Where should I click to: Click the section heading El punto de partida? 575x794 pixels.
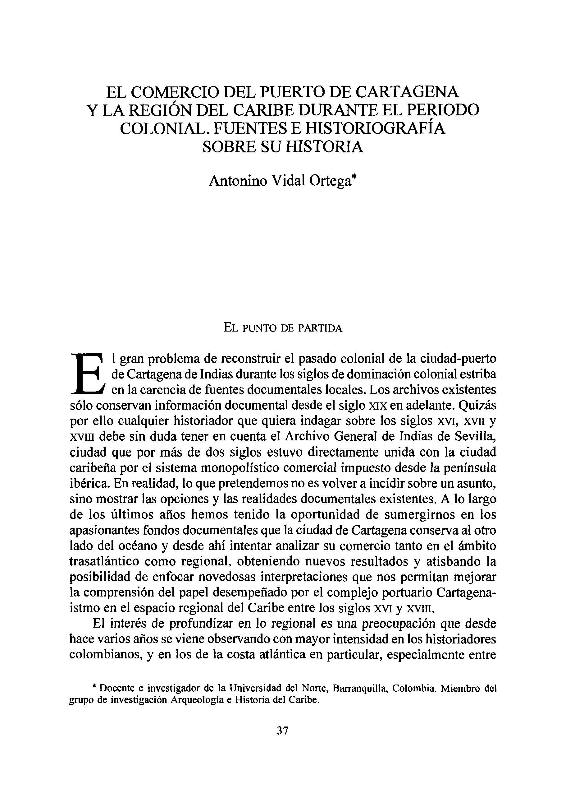(x=283, y=328)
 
